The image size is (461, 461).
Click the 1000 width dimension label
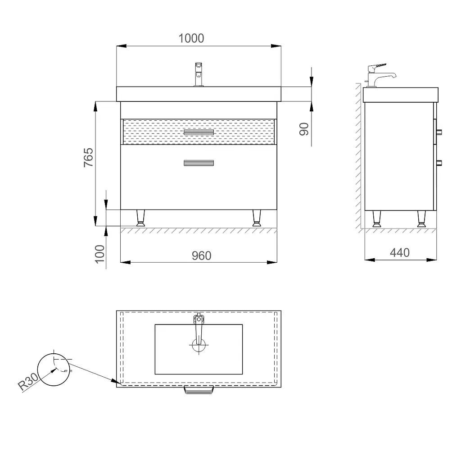tap(191, 38)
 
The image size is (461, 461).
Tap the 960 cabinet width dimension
tap(201, 256)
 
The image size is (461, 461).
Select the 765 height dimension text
tap(89, 157)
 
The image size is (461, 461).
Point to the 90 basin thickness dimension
tap(304, 129)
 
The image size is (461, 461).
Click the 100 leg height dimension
tap(100, 254)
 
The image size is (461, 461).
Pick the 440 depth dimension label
tap(400, 252)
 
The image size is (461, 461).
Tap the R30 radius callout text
tap(28, 382)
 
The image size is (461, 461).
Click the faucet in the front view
tap(199, 74)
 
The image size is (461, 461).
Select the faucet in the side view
tap(380, 75)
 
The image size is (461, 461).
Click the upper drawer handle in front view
tap(199, 132)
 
